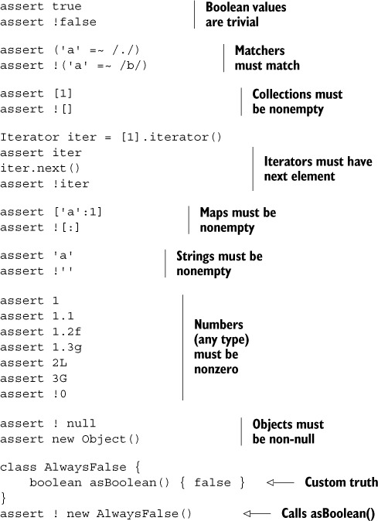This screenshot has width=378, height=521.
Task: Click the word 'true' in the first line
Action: point(66,6)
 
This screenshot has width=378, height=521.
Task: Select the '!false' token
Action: point(74,22)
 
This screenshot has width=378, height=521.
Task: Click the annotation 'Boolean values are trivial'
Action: point(246,15)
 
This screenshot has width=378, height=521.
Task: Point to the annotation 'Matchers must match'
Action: point(267,58)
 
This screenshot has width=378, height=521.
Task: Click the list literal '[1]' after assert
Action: point(63,94)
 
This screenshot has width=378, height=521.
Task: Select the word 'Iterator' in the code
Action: point(29,137)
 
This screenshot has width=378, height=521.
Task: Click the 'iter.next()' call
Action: point(40,169)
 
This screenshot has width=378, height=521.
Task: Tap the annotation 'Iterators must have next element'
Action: point(318,169)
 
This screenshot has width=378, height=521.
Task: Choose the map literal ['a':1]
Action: point(78,212)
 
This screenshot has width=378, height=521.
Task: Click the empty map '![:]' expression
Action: point(66,227)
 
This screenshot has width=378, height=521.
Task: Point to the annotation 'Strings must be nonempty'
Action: point(220,264)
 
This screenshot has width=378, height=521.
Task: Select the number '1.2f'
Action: point(66,332)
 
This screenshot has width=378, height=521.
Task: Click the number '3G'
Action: point(60,378)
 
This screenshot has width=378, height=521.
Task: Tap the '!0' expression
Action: point(60,393)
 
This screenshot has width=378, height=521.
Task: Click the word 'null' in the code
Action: point(81,424)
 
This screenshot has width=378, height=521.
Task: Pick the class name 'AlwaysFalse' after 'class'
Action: point(85,467)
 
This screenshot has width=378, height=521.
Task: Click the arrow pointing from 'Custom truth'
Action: point(281,482)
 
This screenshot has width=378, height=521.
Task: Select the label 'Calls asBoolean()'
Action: point(329,513)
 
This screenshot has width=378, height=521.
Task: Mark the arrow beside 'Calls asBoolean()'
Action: point(257,513)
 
